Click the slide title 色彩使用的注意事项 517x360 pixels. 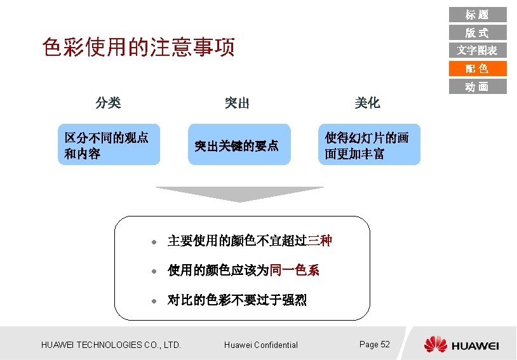138,47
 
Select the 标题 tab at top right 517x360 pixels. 477,14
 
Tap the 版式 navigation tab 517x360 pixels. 477,32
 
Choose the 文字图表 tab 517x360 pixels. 477,50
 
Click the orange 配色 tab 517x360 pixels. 477,69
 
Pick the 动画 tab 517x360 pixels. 477,86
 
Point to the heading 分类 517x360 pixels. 108,102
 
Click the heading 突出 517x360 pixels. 237,103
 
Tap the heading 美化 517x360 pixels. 367,103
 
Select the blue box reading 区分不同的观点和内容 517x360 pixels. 109,145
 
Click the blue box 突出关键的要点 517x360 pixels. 239,145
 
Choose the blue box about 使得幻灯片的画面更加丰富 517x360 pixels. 369,145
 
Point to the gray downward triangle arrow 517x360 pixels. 239,194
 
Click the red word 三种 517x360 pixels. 319,241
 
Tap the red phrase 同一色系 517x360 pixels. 294,270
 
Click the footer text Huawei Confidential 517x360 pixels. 261,345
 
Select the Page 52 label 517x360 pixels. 374,344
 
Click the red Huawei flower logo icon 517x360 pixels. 436,344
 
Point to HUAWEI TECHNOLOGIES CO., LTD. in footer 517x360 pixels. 111,345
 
